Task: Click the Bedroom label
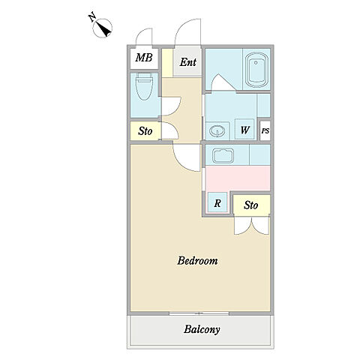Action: pos(197,261)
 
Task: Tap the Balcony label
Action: pos(202,329)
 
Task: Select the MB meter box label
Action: pos(144,58)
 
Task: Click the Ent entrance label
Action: pos(188,62)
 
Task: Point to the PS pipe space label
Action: pos(265,130)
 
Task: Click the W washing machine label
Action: pos(244,130)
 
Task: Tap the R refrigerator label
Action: pos(217,203)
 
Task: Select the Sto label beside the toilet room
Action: pos(145,131)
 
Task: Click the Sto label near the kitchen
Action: pos(250,205)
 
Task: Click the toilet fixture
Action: pos(144,86)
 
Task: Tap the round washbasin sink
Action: pos(217,131)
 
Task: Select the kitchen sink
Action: pos(223,156)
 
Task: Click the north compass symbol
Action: pos(102,28)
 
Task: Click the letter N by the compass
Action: pos(92,17)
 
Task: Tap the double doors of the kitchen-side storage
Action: pos(252,226)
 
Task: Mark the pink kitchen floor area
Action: pos(238,178)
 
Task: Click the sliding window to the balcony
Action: pos(199,313)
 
